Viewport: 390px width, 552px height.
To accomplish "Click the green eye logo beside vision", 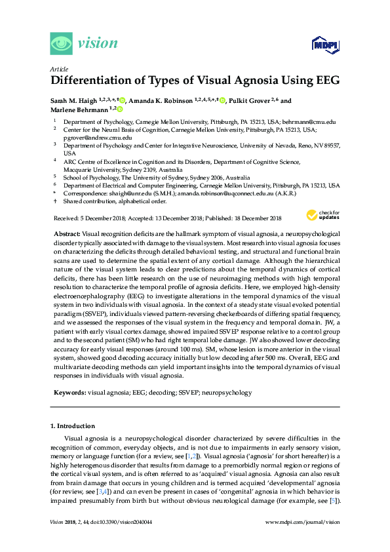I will pos(62,43).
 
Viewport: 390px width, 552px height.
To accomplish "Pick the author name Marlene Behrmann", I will pos(79,110).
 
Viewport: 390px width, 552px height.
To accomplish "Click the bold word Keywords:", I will pos(68,393).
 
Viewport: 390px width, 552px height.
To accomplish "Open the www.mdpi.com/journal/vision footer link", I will pos(302,541).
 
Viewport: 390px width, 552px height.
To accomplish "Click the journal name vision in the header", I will pos(98,44).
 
